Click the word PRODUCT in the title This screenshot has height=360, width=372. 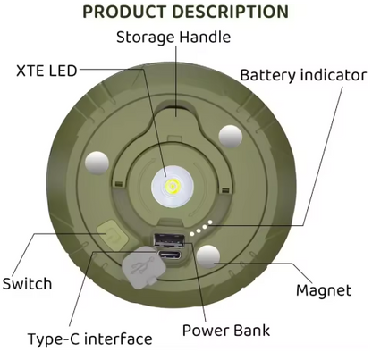pyautogui.click(x=125, y=12)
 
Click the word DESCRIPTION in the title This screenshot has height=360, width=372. pyautogui.click(x=231, y=12)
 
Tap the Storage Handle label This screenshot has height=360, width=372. pyautogui.click(x=173, y=38)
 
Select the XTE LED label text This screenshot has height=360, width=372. pyautogui.click(x=46, y=71)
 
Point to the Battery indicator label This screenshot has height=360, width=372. pyautogui.click(x=303, y=75)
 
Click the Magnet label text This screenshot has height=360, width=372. pyautogui.click(x=324, y=290)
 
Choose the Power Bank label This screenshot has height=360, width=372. pyautogui.click(x=226, y=330)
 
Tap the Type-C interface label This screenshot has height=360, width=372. pyautogui.click(x=89, y=339)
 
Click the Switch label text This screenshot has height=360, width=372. pyautogui.click(x=27, y=283)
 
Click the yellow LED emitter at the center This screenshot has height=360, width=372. pyautogui.click(x=173, y=187)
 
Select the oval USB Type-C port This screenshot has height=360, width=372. pyautogui.click(x=170, y=255)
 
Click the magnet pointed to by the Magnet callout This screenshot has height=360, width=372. pyautogui.click(x=208, y=256)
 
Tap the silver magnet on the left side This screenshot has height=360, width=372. pyautogui.click(x=97, y=163)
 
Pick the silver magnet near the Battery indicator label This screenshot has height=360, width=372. pyautogui.click(x=231, y=137)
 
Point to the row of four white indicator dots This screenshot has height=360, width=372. pyautogui.click(x=201, y=228)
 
